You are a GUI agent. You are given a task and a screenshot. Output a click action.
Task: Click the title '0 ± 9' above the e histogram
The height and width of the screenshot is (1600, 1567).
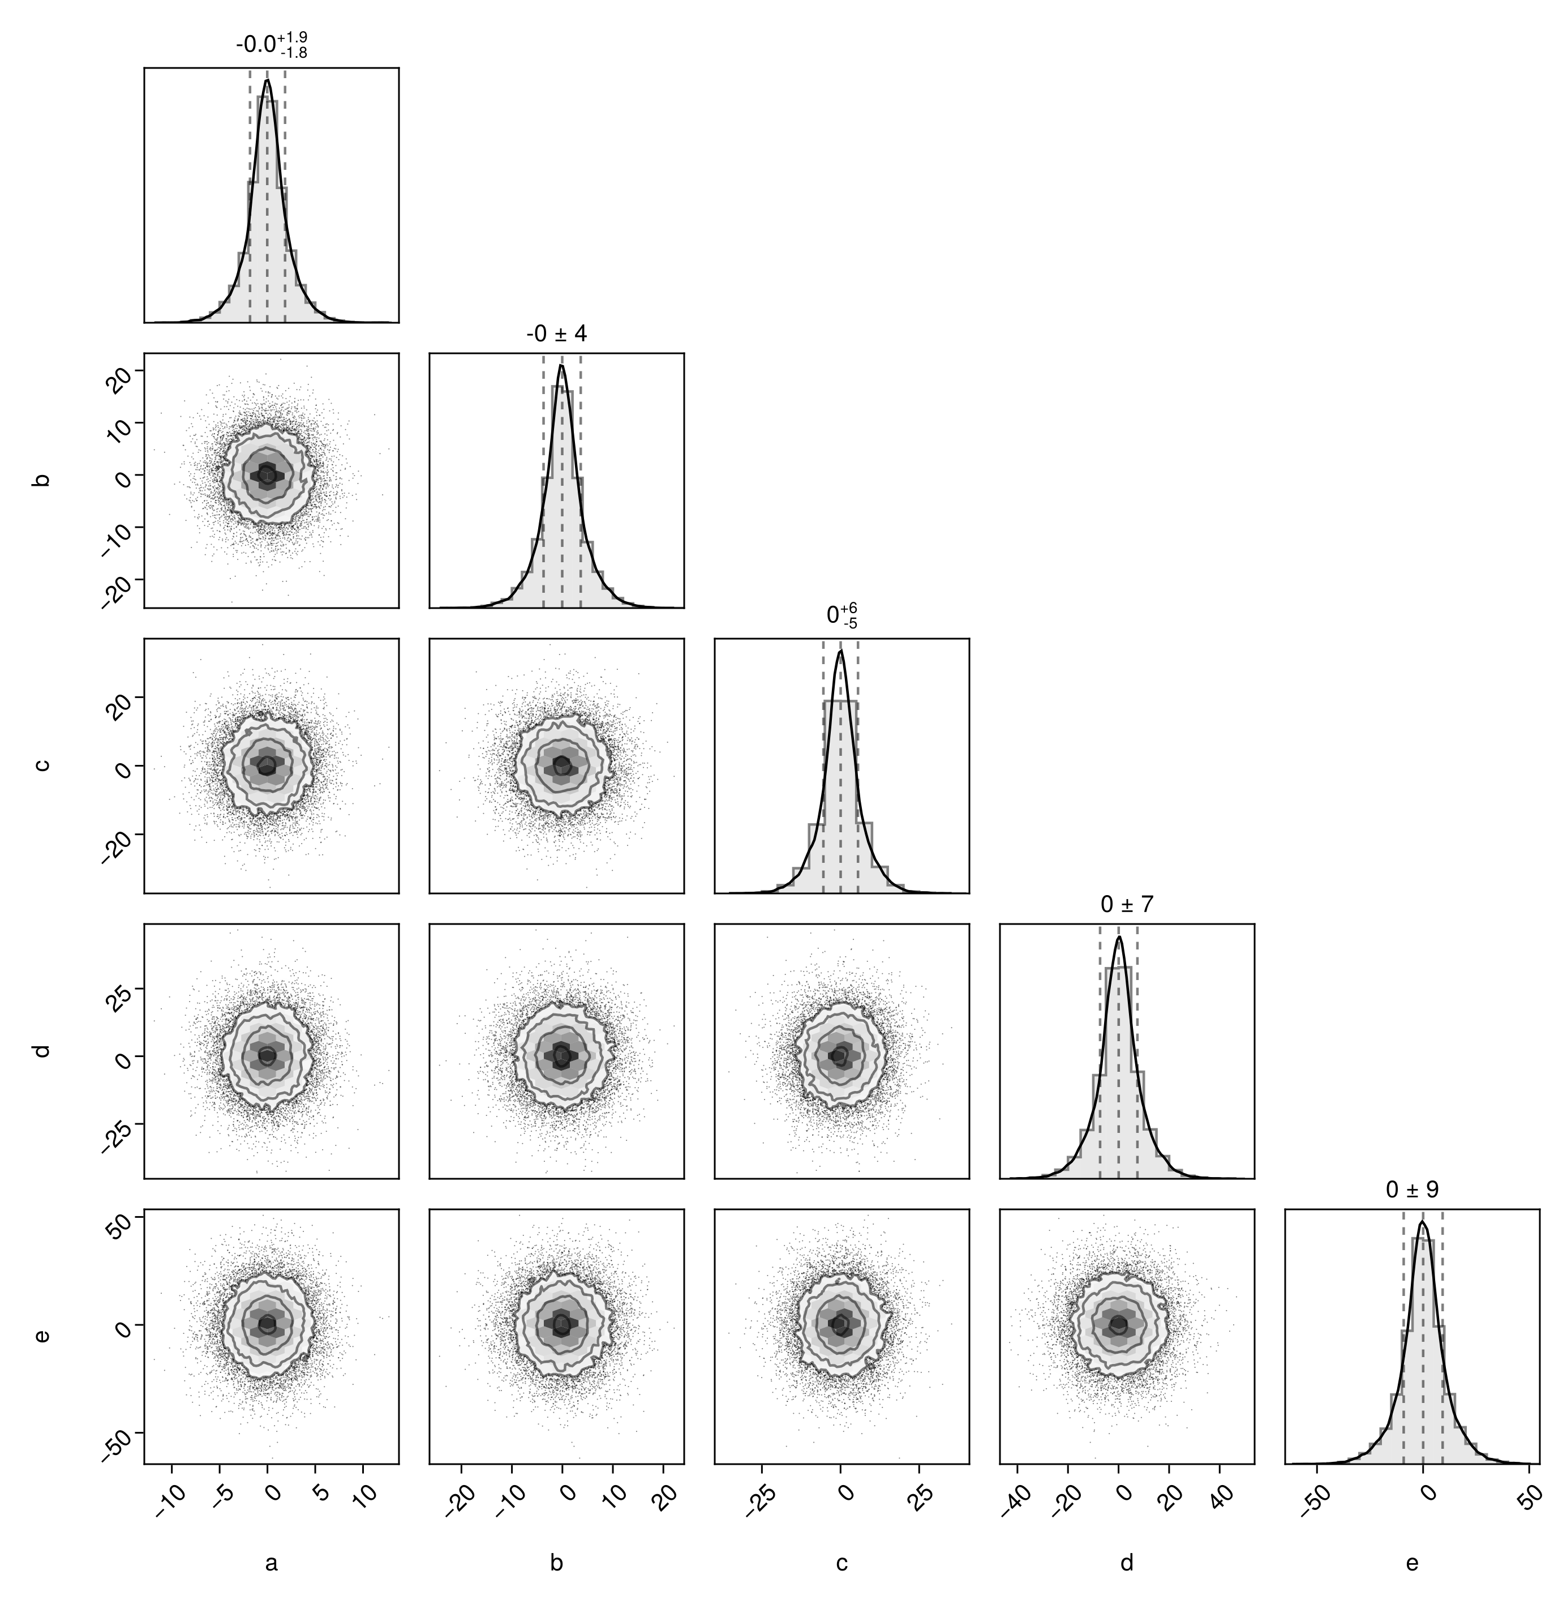1413,1190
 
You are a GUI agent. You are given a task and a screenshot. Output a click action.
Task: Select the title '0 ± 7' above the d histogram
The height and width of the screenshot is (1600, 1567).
1127,904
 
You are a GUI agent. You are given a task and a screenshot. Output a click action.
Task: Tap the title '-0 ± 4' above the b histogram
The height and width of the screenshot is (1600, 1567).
556,333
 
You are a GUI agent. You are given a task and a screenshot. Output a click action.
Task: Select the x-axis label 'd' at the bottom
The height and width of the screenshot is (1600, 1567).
1127,1562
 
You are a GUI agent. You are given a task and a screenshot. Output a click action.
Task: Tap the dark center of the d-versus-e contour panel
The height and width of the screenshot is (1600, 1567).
1118,1324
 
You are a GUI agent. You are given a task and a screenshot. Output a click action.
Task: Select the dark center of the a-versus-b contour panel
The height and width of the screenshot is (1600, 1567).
266,474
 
